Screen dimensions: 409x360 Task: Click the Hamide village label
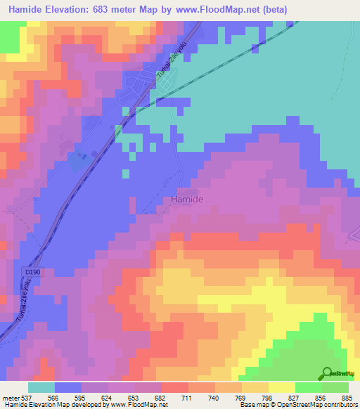coord(188,200)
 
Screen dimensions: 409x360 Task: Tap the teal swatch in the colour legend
coord(41,387)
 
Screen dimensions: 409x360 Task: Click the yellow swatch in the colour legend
coord(281,387)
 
